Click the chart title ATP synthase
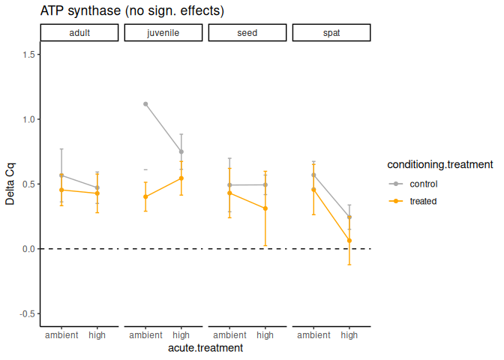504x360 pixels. [132, 12]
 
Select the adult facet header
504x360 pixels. [79, 33]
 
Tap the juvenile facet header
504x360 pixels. [163, 33]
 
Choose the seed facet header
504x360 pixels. [247, 33]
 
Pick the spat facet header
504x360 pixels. [331, 33]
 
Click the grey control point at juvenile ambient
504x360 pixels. [145, 104]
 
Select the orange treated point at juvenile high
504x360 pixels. [181, 178]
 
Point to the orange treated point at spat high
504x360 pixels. [349, 240]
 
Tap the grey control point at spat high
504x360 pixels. [349, 217]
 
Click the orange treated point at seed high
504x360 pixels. [265, 208]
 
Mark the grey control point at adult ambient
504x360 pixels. [61, 175]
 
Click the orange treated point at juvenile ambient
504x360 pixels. [145, 196]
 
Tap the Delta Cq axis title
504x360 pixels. [10, 183]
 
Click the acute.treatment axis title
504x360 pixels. [205, 348]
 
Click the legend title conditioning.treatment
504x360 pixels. [439, 164]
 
